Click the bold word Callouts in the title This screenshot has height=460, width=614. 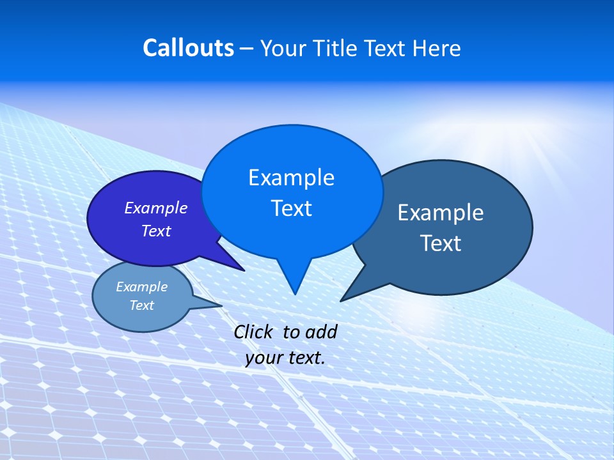[188, 48]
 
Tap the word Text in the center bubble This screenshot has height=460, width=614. [291, 208]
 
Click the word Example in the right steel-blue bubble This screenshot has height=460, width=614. [441, 212]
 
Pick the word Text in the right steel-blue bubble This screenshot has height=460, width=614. [441, 243]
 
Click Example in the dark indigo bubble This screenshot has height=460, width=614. [155, 208]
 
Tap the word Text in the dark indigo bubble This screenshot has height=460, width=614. [155, 231]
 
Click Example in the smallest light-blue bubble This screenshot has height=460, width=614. [141, 287]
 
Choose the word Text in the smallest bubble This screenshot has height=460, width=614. [141, 305]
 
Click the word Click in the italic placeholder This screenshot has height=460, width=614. [253, 332]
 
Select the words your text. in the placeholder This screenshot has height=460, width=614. [285, 358]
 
